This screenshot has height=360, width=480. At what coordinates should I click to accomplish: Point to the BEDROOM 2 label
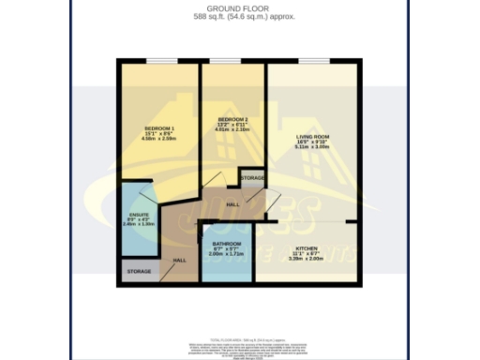232,119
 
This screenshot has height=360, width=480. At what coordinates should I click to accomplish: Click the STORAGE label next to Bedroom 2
251,177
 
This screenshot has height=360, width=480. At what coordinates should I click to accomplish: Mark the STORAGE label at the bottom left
139,272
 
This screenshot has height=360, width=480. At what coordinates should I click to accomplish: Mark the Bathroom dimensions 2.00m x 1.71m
226,254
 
